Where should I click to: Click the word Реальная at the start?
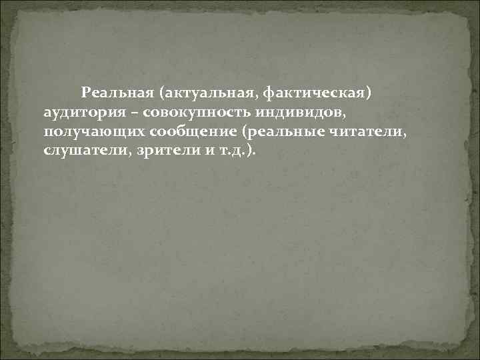111,91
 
